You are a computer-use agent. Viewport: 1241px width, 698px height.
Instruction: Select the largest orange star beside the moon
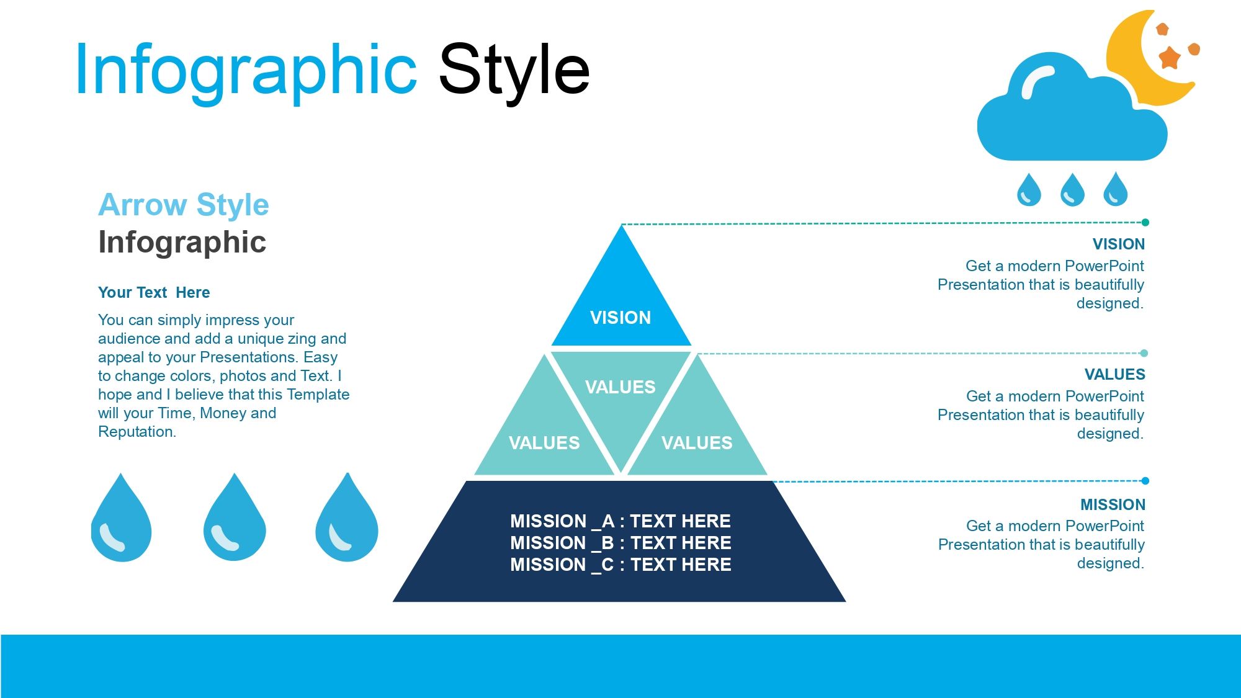pos(1170,58)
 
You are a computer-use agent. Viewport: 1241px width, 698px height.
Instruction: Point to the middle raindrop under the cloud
pos(1072,189)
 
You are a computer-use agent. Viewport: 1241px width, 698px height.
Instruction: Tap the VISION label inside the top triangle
pos(620,318)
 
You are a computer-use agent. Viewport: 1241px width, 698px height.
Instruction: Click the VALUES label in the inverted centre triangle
pos(620,387)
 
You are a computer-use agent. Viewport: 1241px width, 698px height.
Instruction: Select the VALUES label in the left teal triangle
pos(544,443)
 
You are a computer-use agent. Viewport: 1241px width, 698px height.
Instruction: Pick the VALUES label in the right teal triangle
pos(697,443)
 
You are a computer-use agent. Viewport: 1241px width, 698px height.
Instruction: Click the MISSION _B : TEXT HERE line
pos(620,543)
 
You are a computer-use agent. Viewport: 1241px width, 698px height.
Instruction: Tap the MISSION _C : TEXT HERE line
pos(620,565)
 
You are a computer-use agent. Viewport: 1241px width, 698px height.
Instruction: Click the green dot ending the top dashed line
pos(1145,222)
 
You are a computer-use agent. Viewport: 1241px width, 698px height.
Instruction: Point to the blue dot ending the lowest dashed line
pos(1145,481)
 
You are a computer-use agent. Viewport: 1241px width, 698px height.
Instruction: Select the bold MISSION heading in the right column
pos(1113,504)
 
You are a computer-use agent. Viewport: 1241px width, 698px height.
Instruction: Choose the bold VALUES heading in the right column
pos(1115,374)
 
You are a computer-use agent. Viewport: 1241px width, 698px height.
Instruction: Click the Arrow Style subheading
pos(184,205)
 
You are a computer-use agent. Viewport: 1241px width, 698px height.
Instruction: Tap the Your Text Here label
pos(154,292)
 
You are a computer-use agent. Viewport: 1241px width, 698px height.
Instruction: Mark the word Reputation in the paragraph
pos(137,432)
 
